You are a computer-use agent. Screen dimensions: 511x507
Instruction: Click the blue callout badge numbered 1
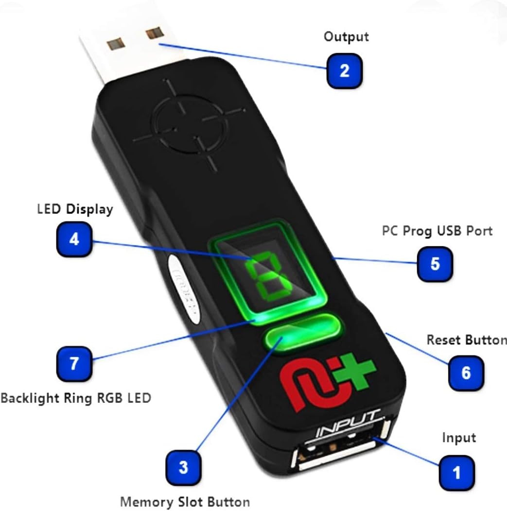pos(457,472)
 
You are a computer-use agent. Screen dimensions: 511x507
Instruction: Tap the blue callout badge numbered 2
pos(345,71)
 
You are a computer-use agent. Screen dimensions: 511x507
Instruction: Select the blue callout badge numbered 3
pos(183,467)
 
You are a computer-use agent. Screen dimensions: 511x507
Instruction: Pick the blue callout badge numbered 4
pos(74,238)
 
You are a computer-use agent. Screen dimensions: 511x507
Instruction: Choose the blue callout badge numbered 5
pos(435,263)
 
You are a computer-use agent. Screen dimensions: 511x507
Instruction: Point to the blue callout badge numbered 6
pos(466,373)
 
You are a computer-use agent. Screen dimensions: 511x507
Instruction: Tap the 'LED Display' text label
pos(75,209)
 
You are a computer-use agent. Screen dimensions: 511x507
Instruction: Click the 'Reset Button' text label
pos(466,340)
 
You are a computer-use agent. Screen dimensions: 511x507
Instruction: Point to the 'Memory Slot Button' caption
pos(185,501)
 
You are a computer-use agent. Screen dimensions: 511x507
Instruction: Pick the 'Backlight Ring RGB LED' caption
pos(76,398)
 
